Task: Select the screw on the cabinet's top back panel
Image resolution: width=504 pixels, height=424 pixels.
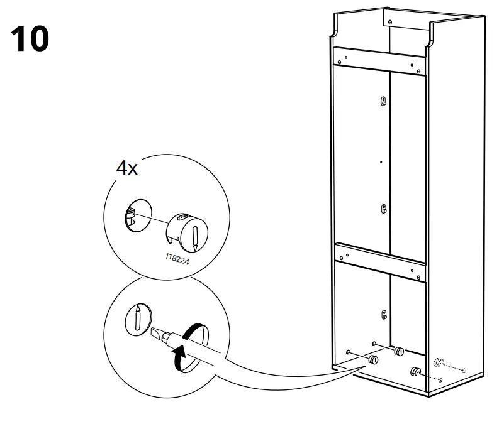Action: (x=390, y=22)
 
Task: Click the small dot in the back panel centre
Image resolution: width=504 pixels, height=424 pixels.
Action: (x=381, y=161)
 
